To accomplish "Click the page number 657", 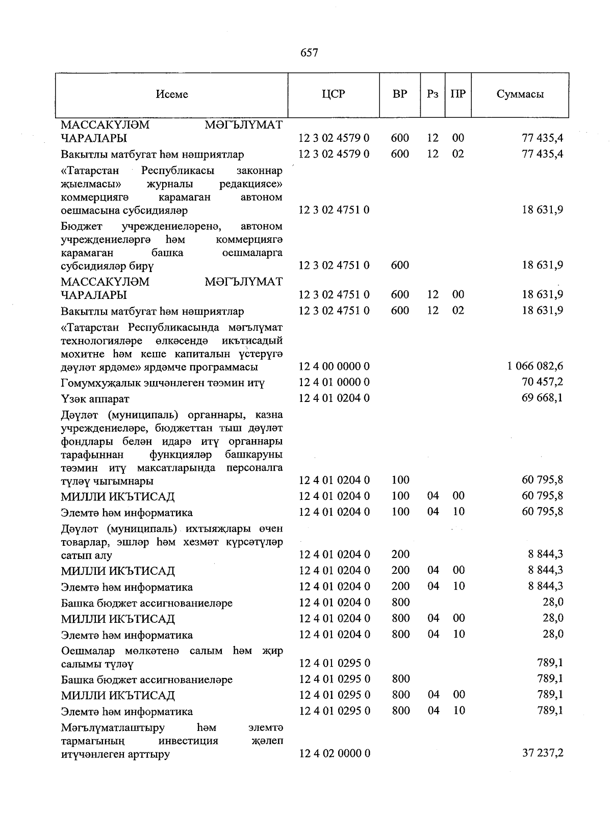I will [309, 53].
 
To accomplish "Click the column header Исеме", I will [172, 94].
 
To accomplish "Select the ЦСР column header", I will [334, 94].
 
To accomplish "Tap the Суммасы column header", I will [520, 94].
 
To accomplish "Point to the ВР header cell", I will [400, 94].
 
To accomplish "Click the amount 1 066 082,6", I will [535, 366].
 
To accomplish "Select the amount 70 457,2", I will [543, 382].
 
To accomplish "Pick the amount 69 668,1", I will [543, 398].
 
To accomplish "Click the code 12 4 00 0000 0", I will [334, 366].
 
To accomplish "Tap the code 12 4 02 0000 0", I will [334, 753].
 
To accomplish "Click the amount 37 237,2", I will [543, 753].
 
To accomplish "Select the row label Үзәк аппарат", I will [95, 398].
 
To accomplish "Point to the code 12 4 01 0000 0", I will [334, 382].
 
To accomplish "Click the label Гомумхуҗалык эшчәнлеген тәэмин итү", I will [163, 383].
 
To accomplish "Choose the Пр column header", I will [458, 94].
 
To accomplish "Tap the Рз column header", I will [432, 94].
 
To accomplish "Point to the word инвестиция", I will [188, 741].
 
